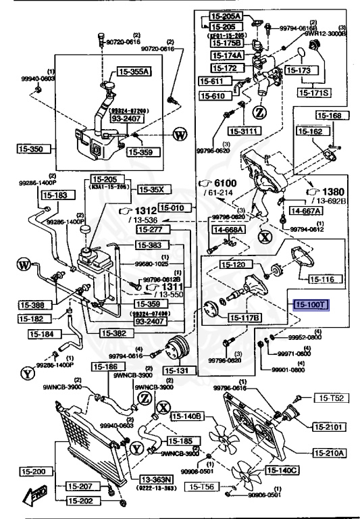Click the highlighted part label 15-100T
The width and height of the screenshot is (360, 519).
pyautogui.click(x=309, y=305)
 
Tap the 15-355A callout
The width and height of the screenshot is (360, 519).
pyautogui.click(x=134, y=71)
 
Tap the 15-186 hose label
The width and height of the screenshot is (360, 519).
pyautogui.click(x=106, y=366)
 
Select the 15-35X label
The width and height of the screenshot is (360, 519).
pyautogui.click(x=151, y=189)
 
